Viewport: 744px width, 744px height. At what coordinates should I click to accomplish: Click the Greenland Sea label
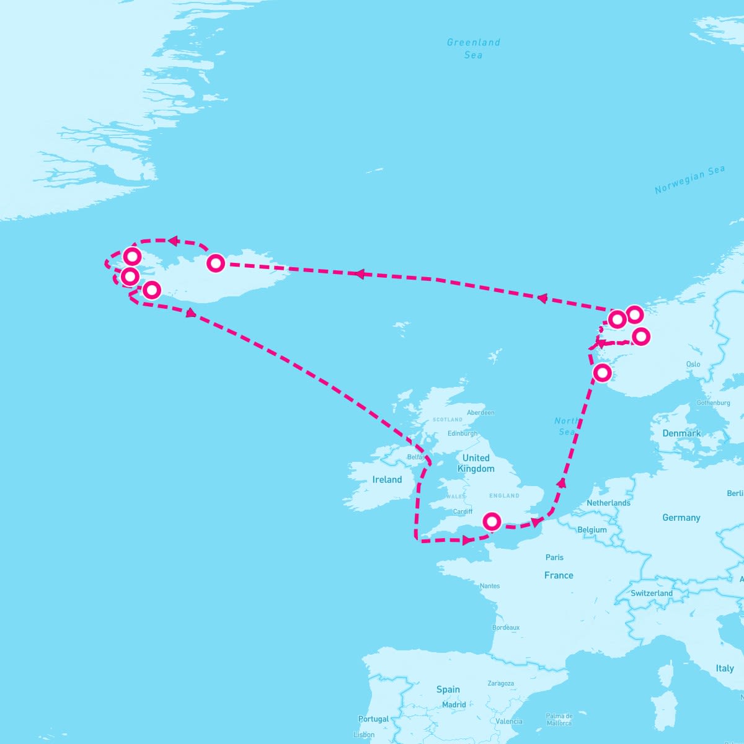click(x=473, y=48)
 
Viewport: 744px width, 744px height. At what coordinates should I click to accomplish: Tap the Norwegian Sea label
click(x=689, y=180)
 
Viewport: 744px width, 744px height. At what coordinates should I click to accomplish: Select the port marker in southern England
click(x=492, y=521)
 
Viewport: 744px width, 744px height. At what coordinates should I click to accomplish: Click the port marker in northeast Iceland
click(x=215, y=263)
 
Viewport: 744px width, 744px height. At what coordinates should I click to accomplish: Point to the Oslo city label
click(x=693, y=364)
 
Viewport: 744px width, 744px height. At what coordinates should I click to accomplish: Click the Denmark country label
click(x=681, y=433)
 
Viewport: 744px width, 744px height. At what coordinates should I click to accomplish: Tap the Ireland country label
click(x=387, y=479)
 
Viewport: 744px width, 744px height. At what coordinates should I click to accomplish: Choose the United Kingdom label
click(x=476, y=463)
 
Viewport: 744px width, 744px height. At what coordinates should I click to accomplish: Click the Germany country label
click(x=681, y=518)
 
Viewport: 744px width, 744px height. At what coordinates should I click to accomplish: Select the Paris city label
click(x=554, y=557)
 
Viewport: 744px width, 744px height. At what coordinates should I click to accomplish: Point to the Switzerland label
click(x=651, y=593)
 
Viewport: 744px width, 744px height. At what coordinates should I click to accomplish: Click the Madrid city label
click(x=454, y=705)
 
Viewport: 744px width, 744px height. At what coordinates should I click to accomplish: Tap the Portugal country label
click(x=373, y=719)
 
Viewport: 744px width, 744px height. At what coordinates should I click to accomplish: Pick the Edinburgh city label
click(x=463, y=433)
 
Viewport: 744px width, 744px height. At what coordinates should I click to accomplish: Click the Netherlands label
click(x=608, y=503)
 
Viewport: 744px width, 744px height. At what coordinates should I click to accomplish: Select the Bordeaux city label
click(x=505, y=627)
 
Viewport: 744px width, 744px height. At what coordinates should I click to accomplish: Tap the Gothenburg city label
click(x=713, y=403)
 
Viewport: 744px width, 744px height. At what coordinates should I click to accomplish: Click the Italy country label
click(x=724, y=668)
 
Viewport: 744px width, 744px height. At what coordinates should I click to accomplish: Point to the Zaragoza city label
click(x=500, y=683)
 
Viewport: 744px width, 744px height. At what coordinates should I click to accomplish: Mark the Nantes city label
click(x=489, y=586)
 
